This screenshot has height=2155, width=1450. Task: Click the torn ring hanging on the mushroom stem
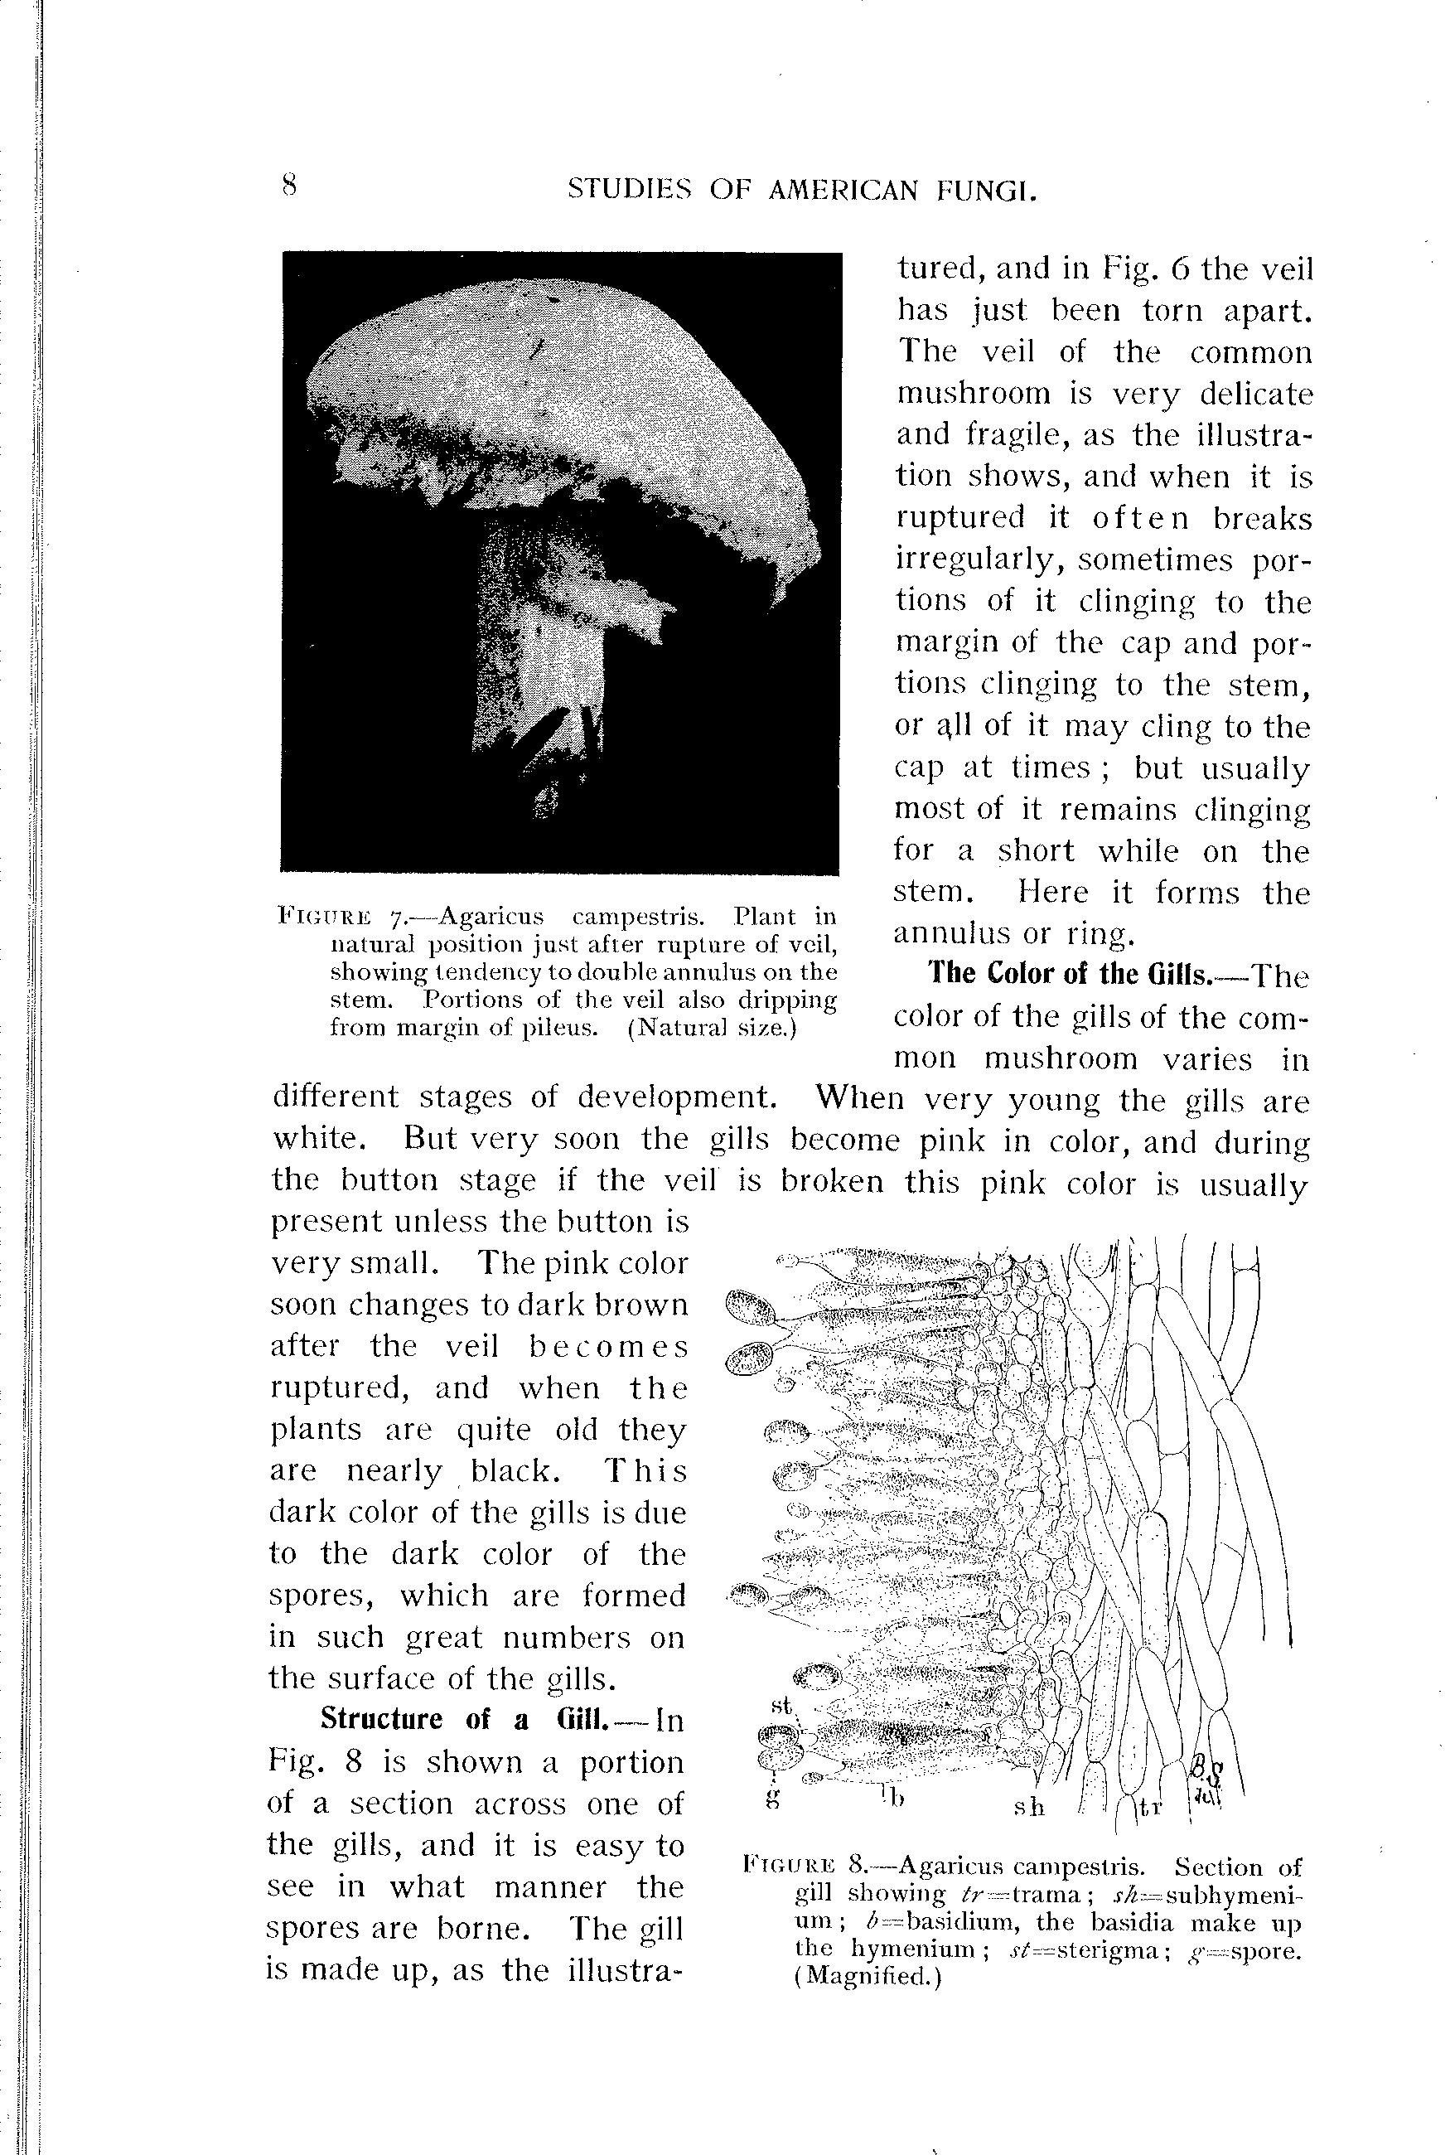(x=629, y=610)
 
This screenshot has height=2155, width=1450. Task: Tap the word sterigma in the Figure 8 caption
(x=1097, y=1949)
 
